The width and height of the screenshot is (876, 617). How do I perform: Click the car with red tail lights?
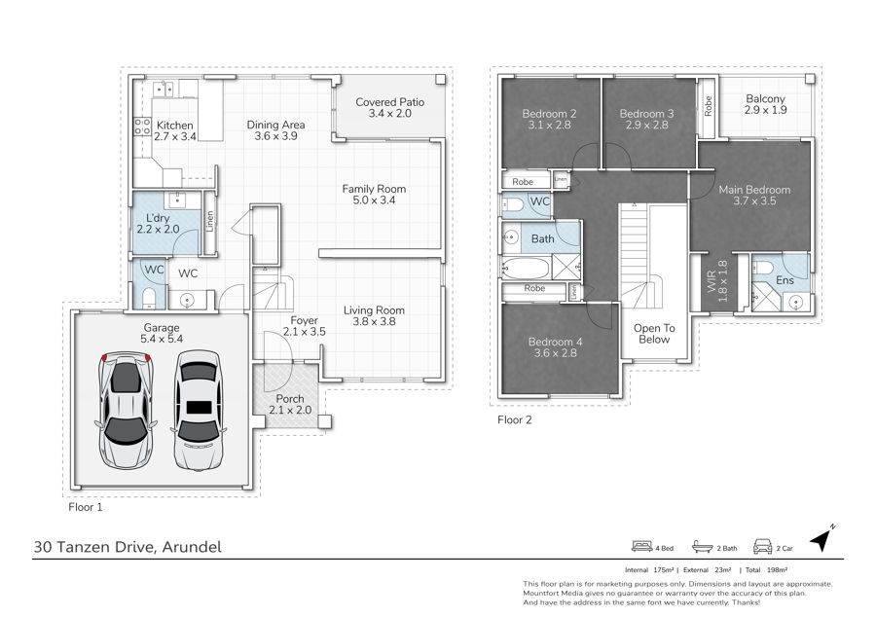(126, 411)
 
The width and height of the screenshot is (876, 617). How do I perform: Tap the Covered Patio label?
(390, 102)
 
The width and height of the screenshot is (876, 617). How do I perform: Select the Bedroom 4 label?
(556, 342)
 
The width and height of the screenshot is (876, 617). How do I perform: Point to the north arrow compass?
(822, 538)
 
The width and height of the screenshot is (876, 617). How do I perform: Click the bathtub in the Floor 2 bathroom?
(526, 269)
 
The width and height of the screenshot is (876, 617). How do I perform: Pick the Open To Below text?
(654, 334)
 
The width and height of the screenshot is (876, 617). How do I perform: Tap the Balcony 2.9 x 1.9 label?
(765, 104)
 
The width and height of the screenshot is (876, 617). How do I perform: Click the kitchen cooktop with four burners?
(142, 127)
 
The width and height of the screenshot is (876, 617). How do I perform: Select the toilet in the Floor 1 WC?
(149, 298)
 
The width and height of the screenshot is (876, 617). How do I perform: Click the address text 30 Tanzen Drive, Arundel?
(128, 547)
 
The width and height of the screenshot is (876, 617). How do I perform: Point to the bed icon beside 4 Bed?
(642, 546)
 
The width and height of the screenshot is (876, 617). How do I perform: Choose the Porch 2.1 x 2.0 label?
(290, 404)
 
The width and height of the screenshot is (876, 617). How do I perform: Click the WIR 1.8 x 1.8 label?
(716, 281)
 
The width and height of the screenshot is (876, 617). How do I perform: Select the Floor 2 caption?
(515, 419)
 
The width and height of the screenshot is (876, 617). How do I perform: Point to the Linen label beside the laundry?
(209, 221)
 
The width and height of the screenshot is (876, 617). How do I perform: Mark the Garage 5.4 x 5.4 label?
(162, 334)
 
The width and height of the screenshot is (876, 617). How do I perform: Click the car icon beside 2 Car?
(762, 546)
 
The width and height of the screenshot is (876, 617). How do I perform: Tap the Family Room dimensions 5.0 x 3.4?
(374, 200)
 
